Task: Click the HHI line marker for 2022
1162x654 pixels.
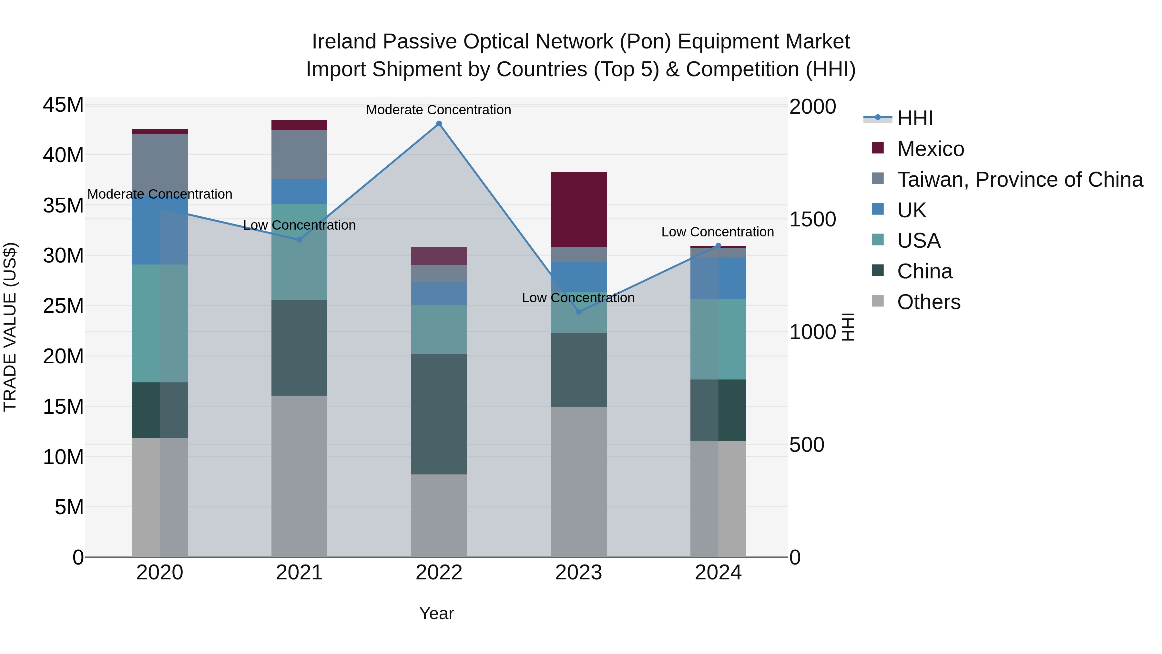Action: (439, 124)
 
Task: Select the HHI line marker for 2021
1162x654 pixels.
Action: (299, 240)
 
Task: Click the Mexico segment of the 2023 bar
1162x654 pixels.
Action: (579, 209)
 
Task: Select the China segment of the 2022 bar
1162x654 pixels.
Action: (439, 414)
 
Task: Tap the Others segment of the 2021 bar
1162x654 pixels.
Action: (299, 476)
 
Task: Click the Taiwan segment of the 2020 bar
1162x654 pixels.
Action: (160, 162)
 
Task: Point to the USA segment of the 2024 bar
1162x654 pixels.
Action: (719, 339)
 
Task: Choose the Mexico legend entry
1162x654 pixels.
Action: (930, 149)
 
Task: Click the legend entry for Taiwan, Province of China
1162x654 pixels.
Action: (1019, 180)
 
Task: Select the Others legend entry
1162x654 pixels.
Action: (928, 302)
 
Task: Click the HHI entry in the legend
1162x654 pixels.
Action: (914, 118)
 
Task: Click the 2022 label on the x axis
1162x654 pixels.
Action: (439, 573)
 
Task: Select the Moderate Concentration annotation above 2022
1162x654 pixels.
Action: (438, 110)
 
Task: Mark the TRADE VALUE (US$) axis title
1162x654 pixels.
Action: (10, 327)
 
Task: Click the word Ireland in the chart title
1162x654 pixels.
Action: (344, 42)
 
